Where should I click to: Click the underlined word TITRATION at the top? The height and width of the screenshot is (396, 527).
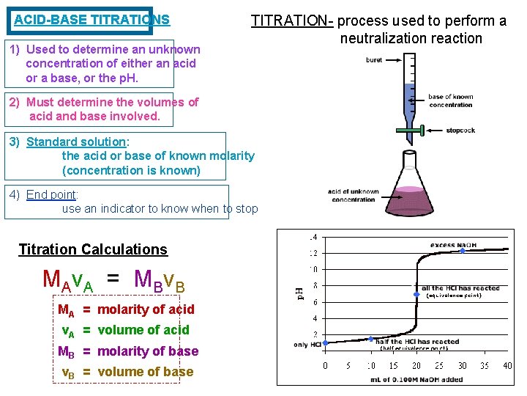coord(294,21)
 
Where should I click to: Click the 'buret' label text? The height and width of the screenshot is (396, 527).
coord(373,60)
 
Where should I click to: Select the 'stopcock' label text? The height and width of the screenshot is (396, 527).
coord(460,131)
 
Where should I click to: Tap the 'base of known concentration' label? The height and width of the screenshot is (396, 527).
coord(450,100)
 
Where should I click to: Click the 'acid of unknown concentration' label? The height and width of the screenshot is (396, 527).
coord(354,195)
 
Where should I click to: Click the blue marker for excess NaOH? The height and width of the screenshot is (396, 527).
coord(462,252)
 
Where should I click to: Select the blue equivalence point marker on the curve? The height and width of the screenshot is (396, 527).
coord(416,294)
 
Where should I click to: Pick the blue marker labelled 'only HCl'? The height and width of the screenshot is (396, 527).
coord(326,342)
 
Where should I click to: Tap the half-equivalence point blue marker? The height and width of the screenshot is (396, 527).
coord(371,339)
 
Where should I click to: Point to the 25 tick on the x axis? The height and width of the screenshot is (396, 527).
coord(439,365)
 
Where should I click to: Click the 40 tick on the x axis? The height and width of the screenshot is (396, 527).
coord(507,365)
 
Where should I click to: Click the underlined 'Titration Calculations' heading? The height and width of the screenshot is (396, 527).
coord(92,249)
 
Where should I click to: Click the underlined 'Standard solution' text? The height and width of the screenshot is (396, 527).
coord(76,142)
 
